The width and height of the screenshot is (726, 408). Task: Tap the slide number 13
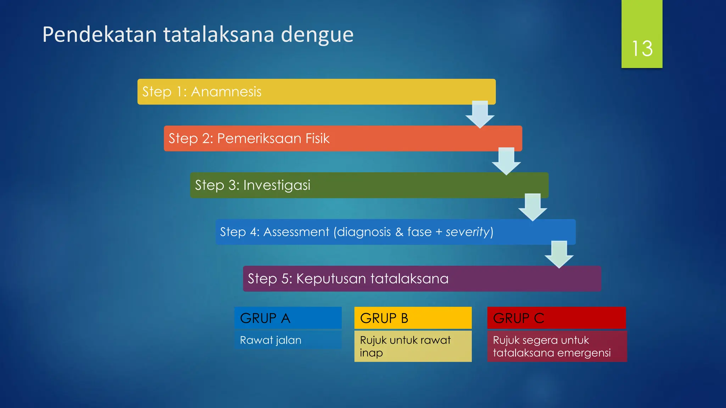click(642, 49)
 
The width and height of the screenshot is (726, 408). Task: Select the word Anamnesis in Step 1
click(226, 92)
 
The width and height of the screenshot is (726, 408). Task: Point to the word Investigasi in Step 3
click(277, 185)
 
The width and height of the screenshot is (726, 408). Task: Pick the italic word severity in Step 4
click(467, 232)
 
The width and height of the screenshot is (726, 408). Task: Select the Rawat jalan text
click(270, 340)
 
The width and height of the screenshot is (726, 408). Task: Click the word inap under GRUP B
click(371, 353)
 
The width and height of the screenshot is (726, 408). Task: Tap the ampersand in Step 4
click(399, 232)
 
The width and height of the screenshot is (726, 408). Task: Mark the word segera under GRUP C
click(540, 340)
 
